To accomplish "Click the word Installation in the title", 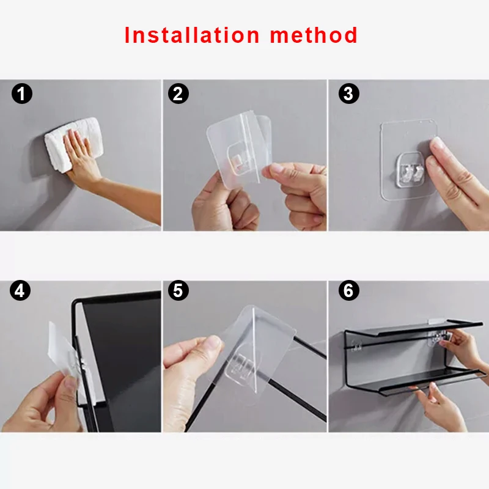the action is click(192, 35).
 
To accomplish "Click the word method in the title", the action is click(314, 35).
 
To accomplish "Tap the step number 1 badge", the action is click(22, 94).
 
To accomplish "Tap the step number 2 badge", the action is click(178, 94).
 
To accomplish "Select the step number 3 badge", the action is click(349, 94).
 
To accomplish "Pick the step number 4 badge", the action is click(20, 290).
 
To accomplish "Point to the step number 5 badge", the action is click(178, 290).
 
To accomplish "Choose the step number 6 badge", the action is click(349, 290).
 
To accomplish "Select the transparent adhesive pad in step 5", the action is click(256, 354).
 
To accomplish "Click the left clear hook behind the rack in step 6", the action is click(356, 346).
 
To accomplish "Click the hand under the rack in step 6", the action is click(439, 405).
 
